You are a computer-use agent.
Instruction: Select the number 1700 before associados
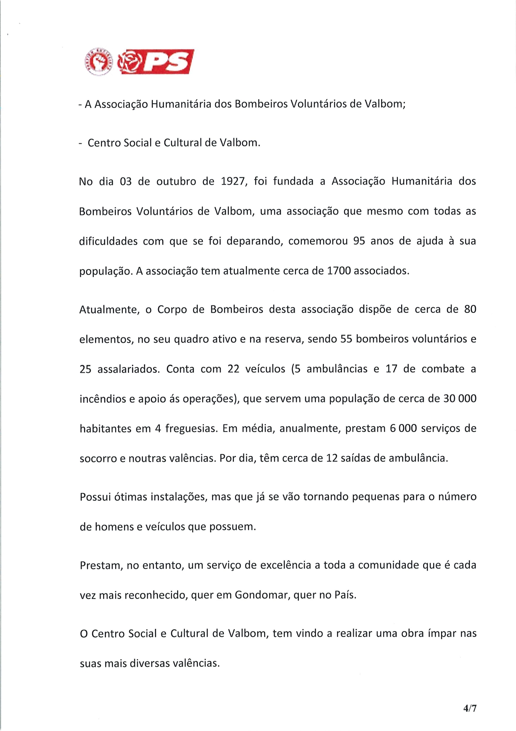339,271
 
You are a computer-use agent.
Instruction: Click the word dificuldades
108,242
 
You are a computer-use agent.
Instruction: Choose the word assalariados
129,369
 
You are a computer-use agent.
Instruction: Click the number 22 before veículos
233,369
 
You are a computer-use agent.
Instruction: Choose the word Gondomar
262,595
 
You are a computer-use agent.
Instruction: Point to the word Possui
95,497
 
